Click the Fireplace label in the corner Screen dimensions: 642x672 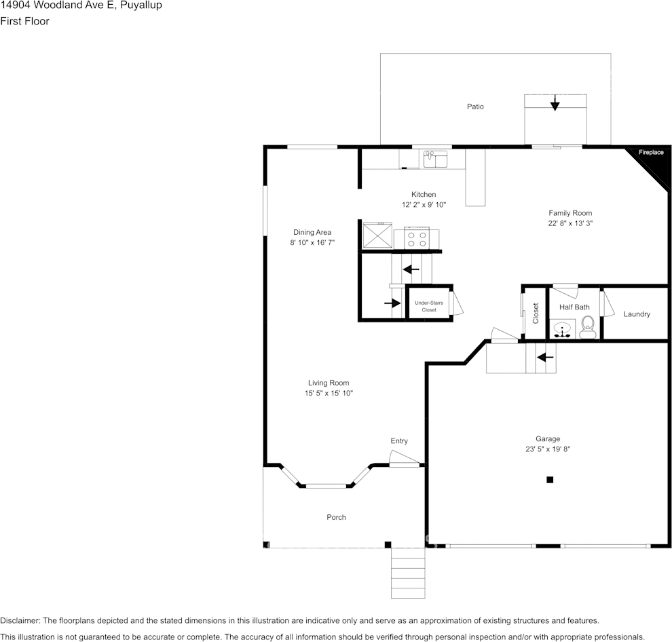pos(650,152)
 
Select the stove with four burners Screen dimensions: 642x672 pos(417,238)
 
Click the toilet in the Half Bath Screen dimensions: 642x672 pos(588,327)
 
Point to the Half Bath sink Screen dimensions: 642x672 pos(563,330)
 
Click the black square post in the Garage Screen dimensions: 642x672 pos(550,480)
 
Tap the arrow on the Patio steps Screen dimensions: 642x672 pos(555,103)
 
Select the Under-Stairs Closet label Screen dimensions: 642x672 pos(429,306)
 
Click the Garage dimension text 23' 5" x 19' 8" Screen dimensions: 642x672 pos(547,449)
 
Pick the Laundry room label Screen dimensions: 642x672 pos(637,314)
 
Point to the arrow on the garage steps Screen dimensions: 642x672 pos(545,356)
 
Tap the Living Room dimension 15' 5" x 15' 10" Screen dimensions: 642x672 pos(329,393)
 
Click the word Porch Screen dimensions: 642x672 pos(336,517)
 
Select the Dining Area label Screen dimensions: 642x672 pos(312,232)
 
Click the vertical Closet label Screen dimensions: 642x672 pos(536,313)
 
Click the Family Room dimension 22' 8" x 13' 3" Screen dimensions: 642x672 pos(570,223)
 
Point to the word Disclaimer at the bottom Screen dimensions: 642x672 pos(20,620)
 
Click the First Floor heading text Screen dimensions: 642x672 pos(24,21)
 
